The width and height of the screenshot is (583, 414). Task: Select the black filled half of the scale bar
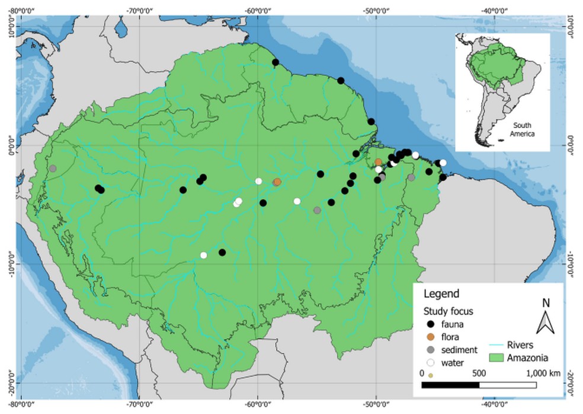point(450,385)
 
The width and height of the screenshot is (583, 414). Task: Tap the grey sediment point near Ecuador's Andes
point(53,168)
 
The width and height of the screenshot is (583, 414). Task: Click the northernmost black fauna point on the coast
point(275,62)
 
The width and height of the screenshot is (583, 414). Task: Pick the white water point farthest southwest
point(204,255)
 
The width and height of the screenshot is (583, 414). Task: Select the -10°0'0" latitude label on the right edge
point(572,263)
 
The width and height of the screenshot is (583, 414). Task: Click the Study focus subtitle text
point(447,311)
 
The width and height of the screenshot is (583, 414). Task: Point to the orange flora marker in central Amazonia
point(277,182)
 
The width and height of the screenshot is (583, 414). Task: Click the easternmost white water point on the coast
point(443,163)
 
